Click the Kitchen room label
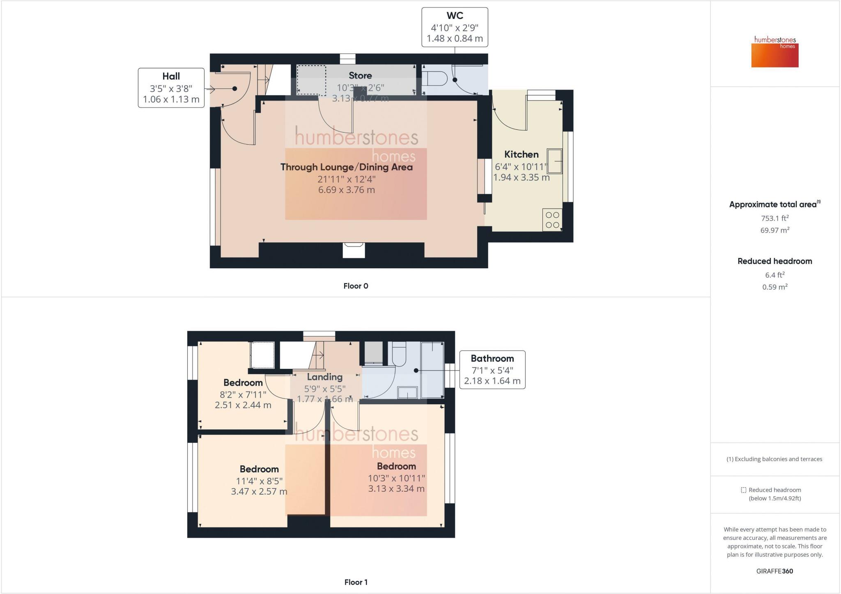[521, 154]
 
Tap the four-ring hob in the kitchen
[552, 220]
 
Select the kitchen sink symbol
[554, 161]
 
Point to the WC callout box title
[455, 16]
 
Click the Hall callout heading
[171, 76]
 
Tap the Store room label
[360, 76]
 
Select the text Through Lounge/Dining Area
[346, 167]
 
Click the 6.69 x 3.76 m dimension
[346, 190]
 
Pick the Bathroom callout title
[492, 358]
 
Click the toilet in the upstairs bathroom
[399, 354]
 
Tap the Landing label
[324, 377]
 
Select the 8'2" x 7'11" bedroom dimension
[243, 394]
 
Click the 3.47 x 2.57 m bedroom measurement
[259, 491]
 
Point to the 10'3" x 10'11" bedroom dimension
[396, 478]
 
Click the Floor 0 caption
[356, 286]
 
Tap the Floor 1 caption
[356, 582]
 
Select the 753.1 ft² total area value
[775, 218]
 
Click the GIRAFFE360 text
[774, 571]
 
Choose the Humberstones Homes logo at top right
[775, 52]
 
